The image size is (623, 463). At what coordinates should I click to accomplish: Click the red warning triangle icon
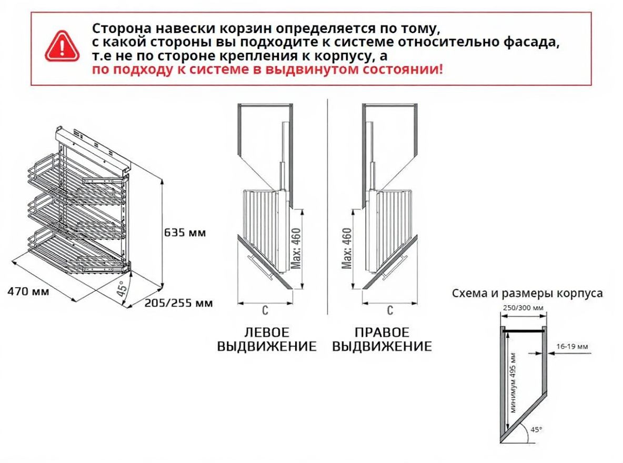pos(62,46)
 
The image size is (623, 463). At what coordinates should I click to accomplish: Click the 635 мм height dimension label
pos(185,233)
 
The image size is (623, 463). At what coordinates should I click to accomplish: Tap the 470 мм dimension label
pos(28,291)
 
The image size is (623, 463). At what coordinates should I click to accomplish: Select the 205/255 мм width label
pos(178,303)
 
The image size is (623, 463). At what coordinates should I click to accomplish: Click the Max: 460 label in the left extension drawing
pos(296,248)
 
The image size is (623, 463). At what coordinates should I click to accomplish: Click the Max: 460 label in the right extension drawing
pos(347,248)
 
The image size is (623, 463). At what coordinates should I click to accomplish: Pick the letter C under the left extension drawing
pos(265,310)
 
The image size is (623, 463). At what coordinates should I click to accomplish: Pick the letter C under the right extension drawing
pos(390,310)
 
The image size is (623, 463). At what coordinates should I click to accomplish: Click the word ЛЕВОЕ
pos(267,332)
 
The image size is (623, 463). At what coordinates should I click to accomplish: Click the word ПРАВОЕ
pos(382,332)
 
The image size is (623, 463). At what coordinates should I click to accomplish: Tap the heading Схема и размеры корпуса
pos(527,294)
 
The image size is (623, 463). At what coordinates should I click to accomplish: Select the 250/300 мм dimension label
pos(523,308)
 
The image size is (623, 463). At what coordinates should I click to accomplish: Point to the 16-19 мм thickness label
pos(572,346)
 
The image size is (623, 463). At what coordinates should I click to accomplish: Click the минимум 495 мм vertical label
pos(514,383)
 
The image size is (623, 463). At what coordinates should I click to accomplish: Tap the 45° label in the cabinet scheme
pos(536,429)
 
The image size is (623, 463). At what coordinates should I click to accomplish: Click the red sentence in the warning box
pos(267,69)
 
